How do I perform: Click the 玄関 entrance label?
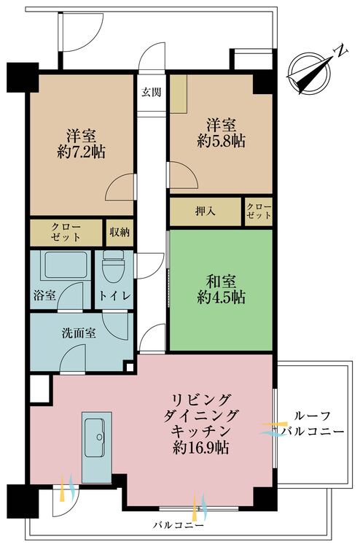(x=152, y=93)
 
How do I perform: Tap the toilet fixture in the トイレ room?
(x=113, y=266)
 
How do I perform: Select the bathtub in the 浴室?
(x=66, y=265)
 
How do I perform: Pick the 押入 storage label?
(x=205, y=211)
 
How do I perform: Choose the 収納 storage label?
(x=120, y=233)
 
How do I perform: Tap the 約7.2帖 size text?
(x=81, y=152)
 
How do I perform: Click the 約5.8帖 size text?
(x=221, y=141)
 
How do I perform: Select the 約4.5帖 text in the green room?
(x=221, y=298)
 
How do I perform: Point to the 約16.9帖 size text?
(x=200, y=448)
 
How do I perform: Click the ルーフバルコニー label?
(x=313, y=424)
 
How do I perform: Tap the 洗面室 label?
(x=79, y=333)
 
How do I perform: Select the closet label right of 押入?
(x=259, y=211)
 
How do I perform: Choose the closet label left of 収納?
(x=66, y=232)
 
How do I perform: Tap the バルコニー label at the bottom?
(x=178, y=525)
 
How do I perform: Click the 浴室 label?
(x=44, y=295)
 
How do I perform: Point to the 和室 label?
(x=221, y=282)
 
